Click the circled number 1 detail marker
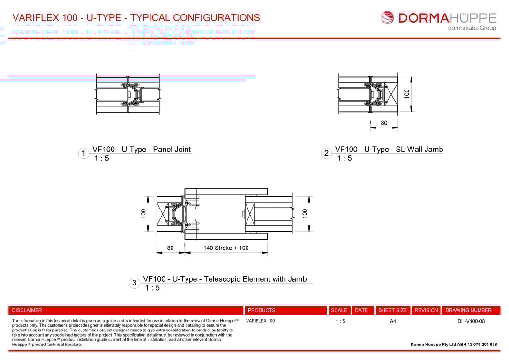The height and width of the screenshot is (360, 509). [x=83, y=154]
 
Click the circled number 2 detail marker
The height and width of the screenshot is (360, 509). [x=326, y=154]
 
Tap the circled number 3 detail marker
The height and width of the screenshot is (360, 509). [x=135, y=283]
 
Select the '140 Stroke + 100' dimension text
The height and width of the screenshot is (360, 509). [x=226, y=248]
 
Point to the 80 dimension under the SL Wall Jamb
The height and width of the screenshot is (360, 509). [x=384, y=123]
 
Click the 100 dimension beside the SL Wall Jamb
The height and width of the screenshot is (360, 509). [x=407, y=93]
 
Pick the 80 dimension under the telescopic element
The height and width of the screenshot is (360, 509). [x=170, y=248]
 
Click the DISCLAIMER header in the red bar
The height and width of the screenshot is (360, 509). [x=27, y=310]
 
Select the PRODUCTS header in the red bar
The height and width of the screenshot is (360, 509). [x=262, y=310]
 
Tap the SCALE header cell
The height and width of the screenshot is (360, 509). [x=339, y=310]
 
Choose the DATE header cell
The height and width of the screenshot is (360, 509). [x=361, y=310]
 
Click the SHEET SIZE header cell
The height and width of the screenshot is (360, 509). [x=392, y=310]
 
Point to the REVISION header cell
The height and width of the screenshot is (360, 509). [x=426, y=310]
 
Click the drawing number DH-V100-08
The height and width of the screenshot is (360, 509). [x=471, y=321]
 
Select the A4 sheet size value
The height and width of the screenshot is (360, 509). [x=393, y=321]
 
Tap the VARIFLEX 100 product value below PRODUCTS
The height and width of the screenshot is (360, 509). [x=260, y=321]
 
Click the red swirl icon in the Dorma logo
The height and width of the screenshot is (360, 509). [x=388, y=18]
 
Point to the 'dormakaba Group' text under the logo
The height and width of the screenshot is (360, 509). [x=472, y=28]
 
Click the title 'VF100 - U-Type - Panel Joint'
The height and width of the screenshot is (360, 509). [x=142, y=150]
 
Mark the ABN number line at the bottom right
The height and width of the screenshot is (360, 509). [x=454, y=345]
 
